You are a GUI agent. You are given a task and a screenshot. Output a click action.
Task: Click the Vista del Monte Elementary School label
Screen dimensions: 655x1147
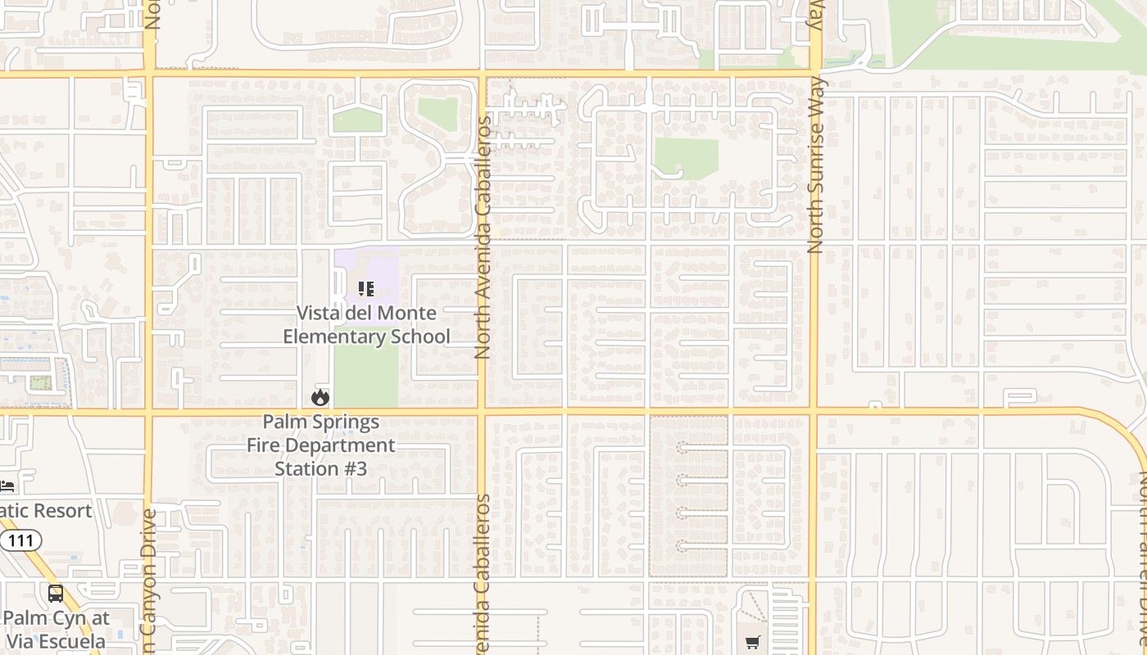(x=366, y=325)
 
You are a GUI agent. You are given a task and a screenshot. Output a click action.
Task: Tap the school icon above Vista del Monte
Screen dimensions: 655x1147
(x=366, y=289)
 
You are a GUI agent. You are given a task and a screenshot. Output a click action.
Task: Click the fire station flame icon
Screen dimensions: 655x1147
(x=320, y=397)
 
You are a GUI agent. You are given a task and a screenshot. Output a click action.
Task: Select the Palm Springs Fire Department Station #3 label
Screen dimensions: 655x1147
(x=321, y=445)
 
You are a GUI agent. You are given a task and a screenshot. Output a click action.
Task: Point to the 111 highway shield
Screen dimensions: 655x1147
(x=20, y=540)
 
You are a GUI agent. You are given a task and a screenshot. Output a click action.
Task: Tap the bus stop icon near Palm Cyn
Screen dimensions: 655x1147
(x=55, y=594)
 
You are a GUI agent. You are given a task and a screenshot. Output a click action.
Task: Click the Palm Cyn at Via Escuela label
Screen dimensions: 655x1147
(x=55, y=629)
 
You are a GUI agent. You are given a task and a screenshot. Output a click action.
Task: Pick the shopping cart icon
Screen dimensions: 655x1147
(x=752, y=643)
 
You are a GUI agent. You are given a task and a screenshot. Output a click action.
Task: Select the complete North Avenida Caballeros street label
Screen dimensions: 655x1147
(x=483, y=237)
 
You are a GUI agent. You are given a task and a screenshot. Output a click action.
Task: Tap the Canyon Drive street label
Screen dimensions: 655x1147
(x=148, y=573)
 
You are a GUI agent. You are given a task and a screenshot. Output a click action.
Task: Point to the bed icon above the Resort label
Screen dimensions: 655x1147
(x=7, y=486)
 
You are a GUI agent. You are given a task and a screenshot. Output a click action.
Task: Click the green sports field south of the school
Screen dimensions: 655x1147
(x=365, y=377)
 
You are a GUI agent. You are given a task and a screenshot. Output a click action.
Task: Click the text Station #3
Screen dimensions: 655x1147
(x=321, y=469)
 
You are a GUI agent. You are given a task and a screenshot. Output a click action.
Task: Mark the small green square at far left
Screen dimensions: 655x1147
(x=35, y=382)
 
